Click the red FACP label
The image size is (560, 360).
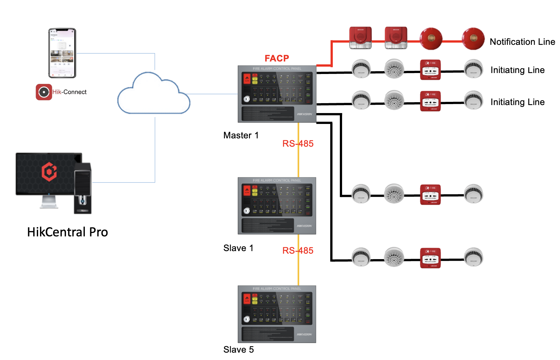pyautogui.click(x=277, y=58)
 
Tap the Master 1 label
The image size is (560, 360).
pyautogui.click(x=241, y=135)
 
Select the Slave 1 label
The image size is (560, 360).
pyautogui.click(x=238, y=248)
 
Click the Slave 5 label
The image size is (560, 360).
pyautogui.click(x=238, y=350)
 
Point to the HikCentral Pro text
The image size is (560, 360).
pyautogui.click(x=68, y=232)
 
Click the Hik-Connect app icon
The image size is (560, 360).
pyautogui.click(x=44, y=92)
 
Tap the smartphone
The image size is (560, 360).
pyautogui.click(x=62, y=53)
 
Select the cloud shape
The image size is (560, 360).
pyautogui.click(x=154, y=94)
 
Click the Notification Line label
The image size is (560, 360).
pyautogui.click(x=522, y=42)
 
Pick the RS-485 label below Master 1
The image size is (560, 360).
pyautogui.click(x=298, y=144)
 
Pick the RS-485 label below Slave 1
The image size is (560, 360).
pyautogui.click(x=298, y=251)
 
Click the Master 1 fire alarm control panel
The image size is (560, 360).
pyautogui.click(x=277, y=94)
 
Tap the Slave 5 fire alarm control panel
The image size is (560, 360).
pyautogui.click(x=277, y=314)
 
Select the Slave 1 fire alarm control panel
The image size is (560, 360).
pyautogui.click(x=277, y=206)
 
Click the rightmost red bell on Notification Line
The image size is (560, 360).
pyautogui.click(x=473, y=39)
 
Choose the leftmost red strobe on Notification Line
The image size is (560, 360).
pyautogui.click(x=360, y=38)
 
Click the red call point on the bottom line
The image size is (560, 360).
pyautogui.click(x=430, y=258)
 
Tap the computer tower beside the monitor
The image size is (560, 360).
pyautogui.click(x=83, y=188)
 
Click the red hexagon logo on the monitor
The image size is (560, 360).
pyautogui.click(x=49, y=172)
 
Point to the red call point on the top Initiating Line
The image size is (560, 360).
pyautogui.click(x=430, y=70)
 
